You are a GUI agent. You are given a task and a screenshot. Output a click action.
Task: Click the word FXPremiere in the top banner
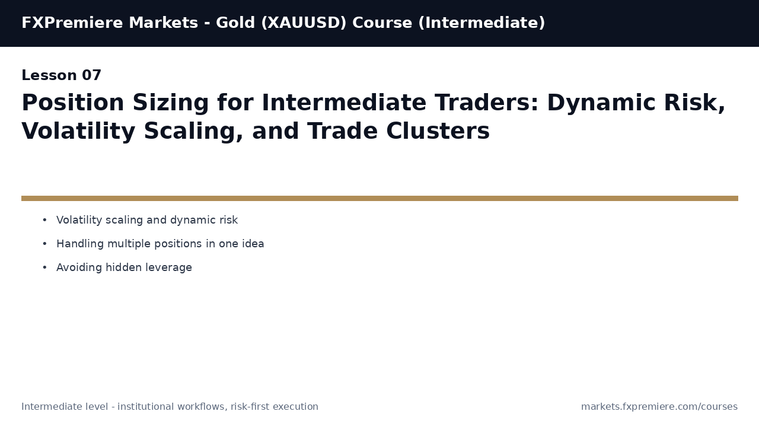coord(72,23)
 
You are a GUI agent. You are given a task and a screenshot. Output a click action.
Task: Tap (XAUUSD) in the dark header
coord(304,23)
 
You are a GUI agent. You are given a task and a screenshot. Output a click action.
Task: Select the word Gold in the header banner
coord(235,23)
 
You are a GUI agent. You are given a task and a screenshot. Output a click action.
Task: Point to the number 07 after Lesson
coord(91,75)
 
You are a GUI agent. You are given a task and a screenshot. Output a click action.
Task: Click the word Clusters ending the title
coord(438,131)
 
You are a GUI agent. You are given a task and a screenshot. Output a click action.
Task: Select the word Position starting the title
coord(73,103)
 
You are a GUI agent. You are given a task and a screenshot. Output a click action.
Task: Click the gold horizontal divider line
coord(379,198)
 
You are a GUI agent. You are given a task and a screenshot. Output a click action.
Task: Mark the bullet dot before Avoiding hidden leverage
coord(44,267)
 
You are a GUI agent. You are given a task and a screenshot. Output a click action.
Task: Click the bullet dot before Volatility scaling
coord(44,220)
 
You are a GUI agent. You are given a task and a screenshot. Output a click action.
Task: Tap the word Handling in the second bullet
coord(80,244)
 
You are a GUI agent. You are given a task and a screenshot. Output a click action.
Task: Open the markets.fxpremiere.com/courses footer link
coord(659,407)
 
